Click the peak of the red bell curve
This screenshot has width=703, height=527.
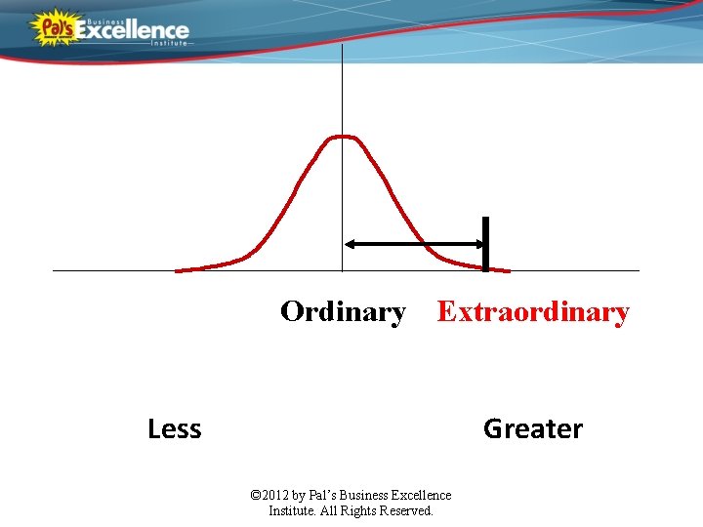343,137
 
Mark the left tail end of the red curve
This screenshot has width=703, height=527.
178,270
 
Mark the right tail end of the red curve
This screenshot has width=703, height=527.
507,270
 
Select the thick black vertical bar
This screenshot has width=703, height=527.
485,243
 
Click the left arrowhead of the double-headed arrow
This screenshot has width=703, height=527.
351,244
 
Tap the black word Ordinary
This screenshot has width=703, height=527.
343,312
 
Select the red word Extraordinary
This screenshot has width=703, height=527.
533,312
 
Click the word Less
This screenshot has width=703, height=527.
174,428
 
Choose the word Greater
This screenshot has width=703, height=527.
533,428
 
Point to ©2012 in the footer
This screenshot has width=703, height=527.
269,496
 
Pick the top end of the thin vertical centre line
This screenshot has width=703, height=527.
343,46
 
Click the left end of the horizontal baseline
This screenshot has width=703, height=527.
55,270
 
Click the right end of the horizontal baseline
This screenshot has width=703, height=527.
638,270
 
